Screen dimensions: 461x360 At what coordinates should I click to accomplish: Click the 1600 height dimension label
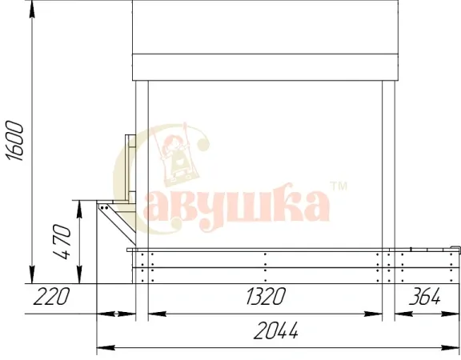(15, 141)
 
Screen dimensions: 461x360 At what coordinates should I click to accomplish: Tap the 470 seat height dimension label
(62, 242)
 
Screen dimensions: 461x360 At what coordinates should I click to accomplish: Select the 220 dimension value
(51, 296)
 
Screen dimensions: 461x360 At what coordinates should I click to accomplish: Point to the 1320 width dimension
(265, 296)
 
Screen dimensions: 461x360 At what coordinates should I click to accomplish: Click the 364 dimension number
(424, 296)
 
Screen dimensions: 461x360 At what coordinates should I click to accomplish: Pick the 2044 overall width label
(276, 330)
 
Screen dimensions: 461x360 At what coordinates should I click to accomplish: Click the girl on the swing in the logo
(175, 156)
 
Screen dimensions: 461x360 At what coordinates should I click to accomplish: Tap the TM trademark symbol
(339, 186)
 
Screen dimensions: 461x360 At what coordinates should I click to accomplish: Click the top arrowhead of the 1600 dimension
(32, 10)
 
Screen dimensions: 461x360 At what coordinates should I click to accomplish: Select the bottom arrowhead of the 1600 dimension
(32, 274)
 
